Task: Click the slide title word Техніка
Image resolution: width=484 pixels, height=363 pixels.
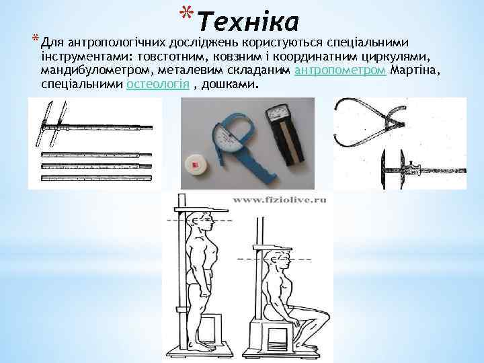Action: [x=248, y=22]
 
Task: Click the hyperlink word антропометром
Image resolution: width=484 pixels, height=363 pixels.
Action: [x=340, y=71]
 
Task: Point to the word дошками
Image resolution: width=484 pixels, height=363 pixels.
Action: [x=235, y=85]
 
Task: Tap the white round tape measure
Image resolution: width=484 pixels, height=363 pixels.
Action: [x=200, y=162]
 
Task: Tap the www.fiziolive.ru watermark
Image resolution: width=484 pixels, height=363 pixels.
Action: [x=278, y=200]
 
